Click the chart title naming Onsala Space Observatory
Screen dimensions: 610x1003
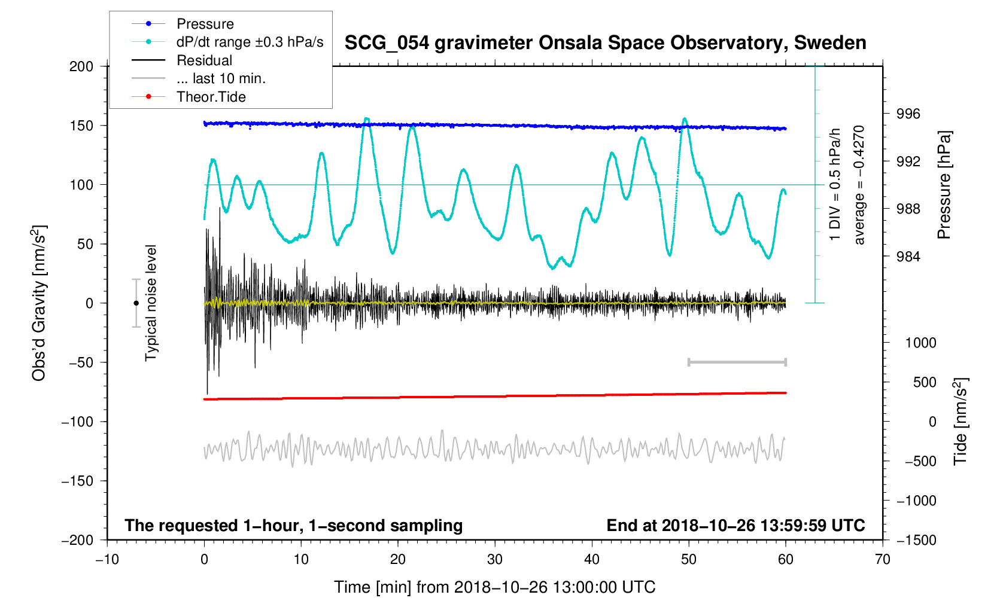tap(605, 43)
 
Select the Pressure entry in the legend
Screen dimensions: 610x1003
tap(205, 24)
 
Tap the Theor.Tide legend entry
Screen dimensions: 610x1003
tap(211, 97)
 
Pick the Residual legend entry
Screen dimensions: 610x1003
tap(204, 60)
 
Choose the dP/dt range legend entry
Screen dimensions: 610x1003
tap(250, 42)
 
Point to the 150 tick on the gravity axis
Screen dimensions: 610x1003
tap(81, 126)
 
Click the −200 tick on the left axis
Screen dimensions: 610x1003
tap(78, 540)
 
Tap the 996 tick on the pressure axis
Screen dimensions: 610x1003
tap(908, 114)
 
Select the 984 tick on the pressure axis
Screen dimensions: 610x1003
tap(908, 257)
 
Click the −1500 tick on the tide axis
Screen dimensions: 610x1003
tap(916, 540)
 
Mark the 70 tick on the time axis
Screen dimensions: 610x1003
tap(883, 560)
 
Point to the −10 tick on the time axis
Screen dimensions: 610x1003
tap(107, 560)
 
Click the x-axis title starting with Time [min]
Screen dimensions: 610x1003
tap(494, 587)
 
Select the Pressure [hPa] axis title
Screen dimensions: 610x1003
tap(944, 185)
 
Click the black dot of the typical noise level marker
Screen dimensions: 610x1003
tap(136, 303)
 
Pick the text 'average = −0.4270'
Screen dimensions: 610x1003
tap(859, 185)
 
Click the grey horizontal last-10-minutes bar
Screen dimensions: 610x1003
tap(737, 362)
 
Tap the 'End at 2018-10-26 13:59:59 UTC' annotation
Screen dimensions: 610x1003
tap(735, 526)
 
